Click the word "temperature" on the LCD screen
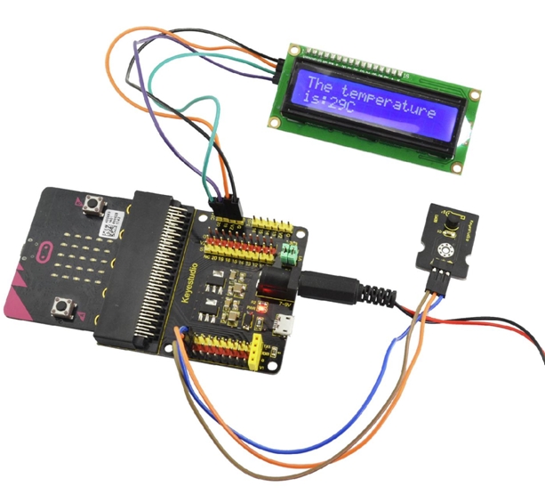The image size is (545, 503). (392, 99)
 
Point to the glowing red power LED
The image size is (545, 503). (263, 288)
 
